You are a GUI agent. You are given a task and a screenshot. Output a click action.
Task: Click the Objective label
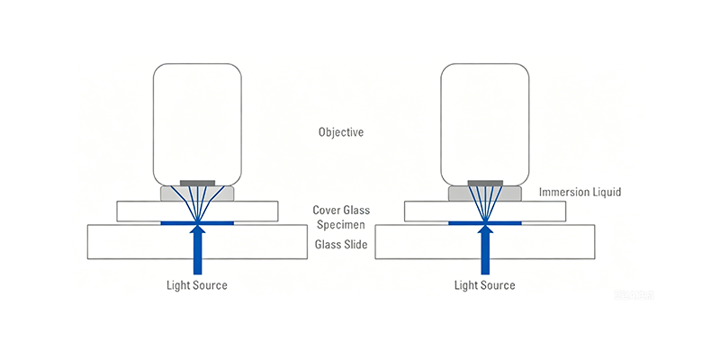341,132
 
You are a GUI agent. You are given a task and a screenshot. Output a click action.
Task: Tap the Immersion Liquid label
580,192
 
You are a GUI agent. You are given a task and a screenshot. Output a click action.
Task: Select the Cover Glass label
341,211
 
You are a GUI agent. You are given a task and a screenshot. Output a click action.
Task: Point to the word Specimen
341,225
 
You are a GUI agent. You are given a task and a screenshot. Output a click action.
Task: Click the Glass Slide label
341,245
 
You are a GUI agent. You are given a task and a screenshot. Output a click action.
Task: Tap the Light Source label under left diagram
196,285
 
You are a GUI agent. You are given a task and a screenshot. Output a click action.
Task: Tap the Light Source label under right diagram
485,285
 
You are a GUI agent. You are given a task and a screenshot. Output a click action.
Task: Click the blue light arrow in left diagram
197,250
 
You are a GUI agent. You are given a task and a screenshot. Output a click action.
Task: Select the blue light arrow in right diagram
485,250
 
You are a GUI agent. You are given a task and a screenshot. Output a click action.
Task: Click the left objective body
197,124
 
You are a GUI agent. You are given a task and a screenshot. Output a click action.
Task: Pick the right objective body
485,124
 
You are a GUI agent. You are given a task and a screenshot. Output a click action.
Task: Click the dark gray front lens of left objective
197,183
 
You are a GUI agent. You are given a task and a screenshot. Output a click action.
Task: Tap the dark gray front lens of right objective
485,183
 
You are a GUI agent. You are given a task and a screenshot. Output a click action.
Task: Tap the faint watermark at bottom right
634,295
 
